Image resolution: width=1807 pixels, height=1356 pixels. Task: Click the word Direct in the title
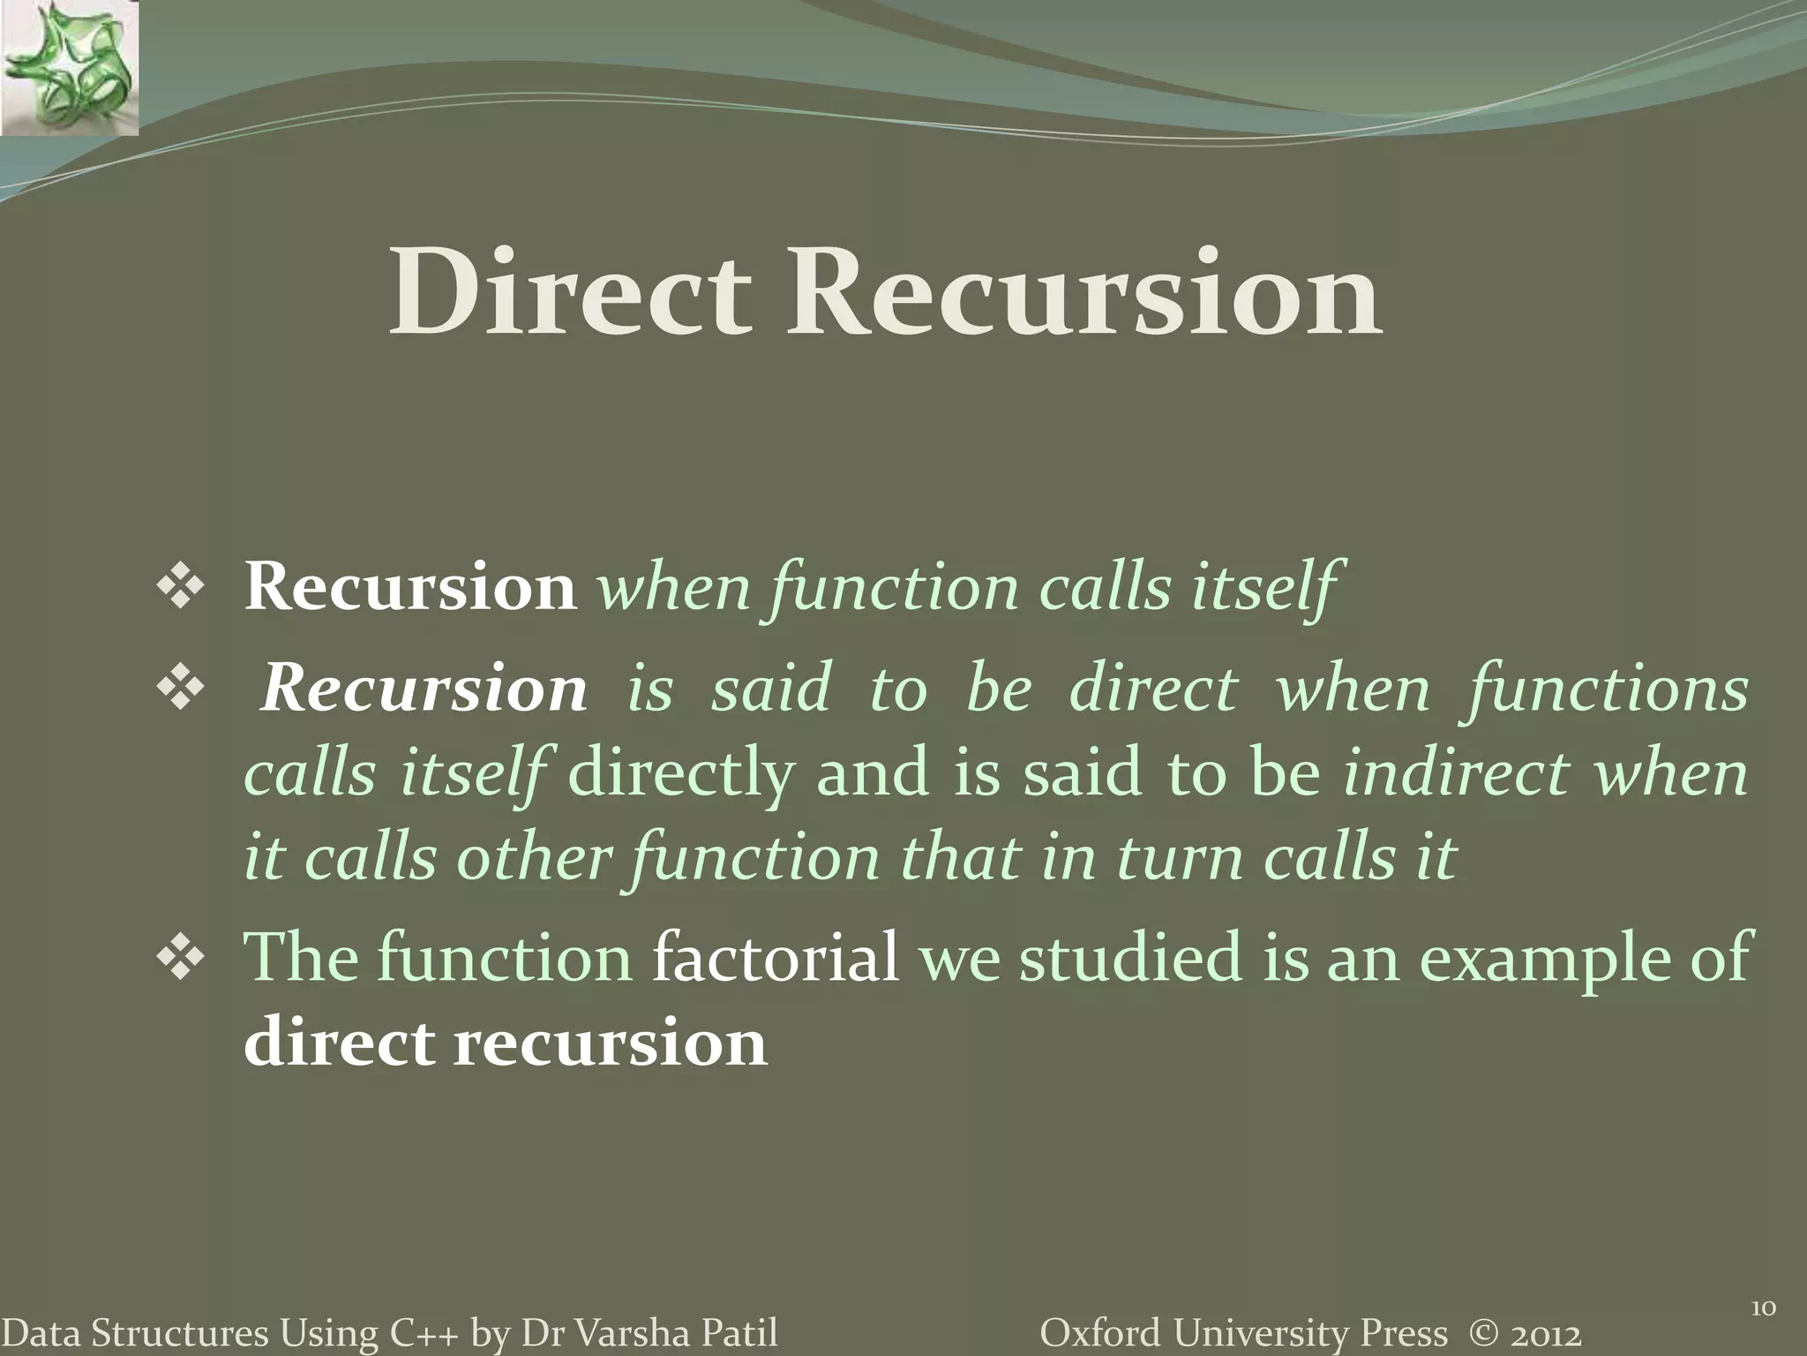point(570,293)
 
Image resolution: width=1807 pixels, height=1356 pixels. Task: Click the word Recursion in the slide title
point(1083,293)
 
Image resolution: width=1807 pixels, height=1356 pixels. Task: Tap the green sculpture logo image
point(69,67)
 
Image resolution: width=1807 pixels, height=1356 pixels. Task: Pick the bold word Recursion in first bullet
point(410,587)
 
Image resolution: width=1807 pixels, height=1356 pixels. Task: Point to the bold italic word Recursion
point(424,689)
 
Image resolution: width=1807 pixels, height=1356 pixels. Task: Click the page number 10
point(1762,1284)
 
